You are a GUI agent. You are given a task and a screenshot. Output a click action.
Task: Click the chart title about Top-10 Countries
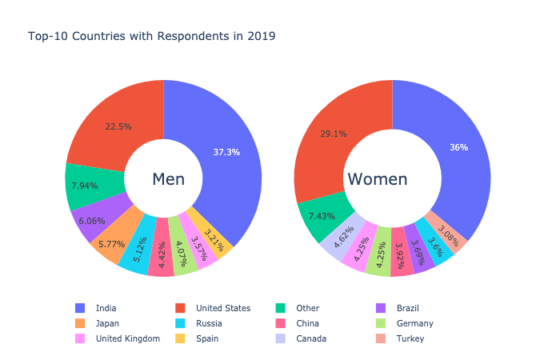click(151, 37)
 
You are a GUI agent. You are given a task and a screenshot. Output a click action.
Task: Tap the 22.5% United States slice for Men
click(118, 126)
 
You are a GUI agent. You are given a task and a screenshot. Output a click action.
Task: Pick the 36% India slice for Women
click(458, 148)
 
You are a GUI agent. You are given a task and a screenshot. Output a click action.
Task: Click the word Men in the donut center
click(168, 180)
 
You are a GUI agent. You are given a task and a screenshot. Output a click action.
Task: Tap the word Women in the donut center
click(377, 180)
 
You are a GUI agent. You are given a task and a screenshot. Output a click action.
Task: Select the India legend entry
click(106, 308)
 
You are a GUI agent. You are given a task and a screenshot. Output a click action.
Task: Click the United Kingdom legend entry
click(127, 338)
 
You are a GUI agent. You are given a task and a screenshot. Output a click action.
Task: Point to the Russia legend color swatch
click(180, 323)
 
